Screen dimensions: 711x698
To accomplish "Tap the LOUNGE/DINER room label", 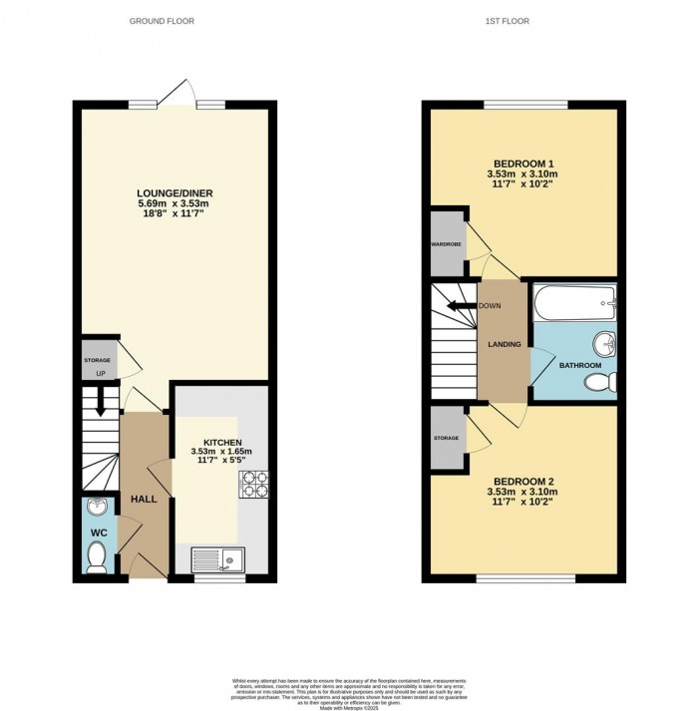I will point(174,193).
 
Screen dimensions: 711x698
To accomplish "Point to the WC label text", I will point(98,533).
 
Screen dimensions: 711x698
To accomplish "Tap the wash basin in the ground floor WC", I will point(96,507).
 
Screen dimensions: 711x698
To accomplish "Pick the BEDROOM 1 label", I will point(523,164).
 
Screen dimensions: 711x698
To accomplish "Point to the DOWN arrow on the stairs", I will point(461,306).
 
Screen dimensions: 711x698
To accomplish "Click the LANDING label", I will point(504,344).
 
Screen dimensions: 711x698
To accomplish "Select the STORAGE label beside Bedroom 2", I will point(447,438).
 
